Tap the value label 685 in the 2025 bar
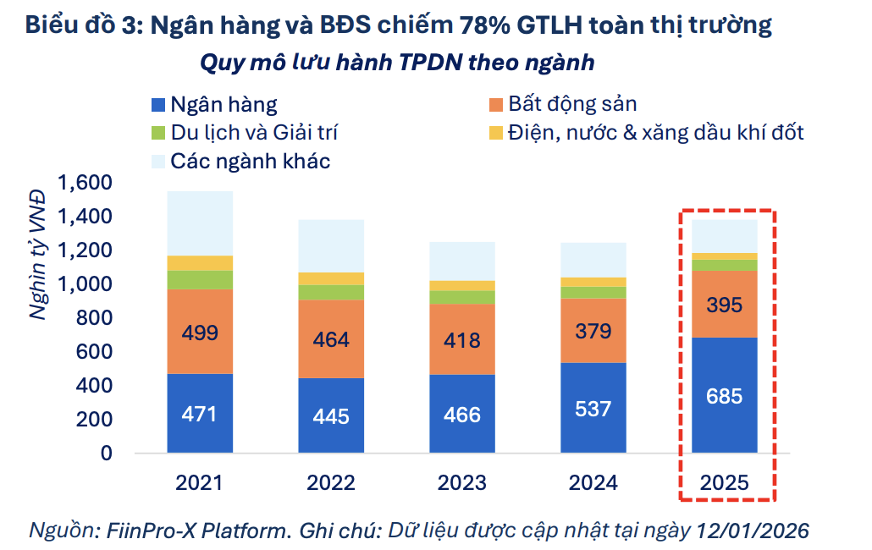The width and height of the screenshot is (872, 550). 725,395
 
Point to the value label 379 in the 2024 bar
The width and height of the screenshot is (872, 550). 593,331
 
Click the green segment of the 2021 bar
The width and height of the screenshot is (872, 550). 200,279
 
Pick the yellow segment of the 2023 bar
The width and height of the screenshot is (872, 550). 462,285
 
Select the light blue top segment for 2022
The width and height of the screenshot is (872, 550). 331,245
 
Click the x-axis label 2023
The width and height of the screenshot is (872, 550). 462,483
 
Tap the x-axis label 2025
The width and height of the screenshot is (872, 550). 725,483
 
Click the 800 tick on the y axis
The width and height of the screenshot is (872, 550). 95,318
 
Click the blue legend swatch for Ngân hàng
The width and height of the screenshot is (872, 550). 157,105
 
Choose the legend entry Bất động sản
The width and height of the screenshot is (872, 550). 572,104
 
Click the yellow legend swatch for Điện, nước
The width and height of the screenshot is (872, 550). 495,133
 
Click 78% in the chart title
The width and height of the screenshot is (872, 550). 489,25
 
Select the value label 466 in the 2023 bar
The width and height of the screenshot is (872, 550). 462,415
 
